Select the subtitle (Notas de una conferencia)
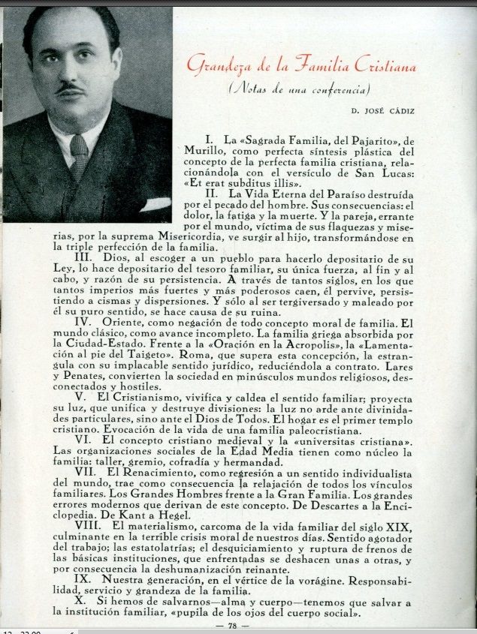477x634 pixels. [309, 90]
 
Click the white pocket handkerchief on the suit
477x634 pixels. [155, 203]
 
